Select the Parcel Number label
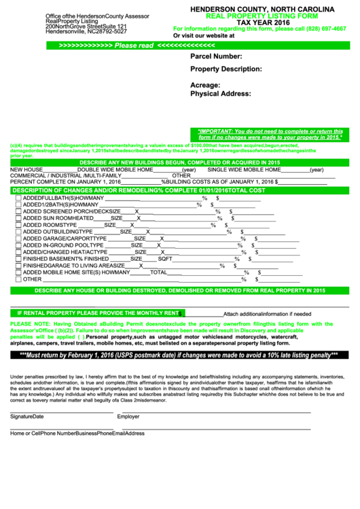click(216, 57)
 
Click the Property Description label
click(226, 69)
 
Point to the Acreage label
click(206, 85)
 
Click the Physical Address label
click(221, 94)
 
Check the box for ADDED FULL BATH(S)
click(18, 198)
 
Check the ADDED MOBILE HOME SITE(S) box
click(18, 272)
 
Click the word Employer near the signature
click(128, 417)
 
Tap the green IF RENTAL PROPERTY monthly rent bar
click(96, 313)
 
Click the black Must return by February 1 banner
click(179, 355)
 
